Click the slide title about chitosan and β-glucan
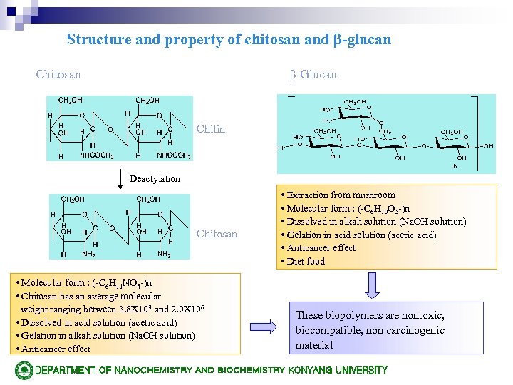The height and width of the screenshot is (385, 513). pos(229,40)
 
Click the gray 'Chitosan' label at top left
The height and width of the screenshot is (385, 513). pos(58,74)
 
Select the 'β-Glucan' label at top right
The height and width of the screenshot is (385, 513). pos(313,74)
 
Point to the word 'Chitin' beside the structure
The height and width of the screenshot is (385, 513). pos(210,129)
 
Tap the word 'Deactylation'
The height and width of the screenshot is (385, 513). pos(155,178)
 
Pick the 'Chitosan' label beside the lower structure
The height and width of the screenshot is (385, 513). pos(217,234)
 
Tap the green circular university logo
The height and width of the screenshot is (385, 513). pos(24,370)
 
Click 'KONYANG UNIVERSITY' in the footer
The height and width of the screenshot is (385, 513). pos(337,370)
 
